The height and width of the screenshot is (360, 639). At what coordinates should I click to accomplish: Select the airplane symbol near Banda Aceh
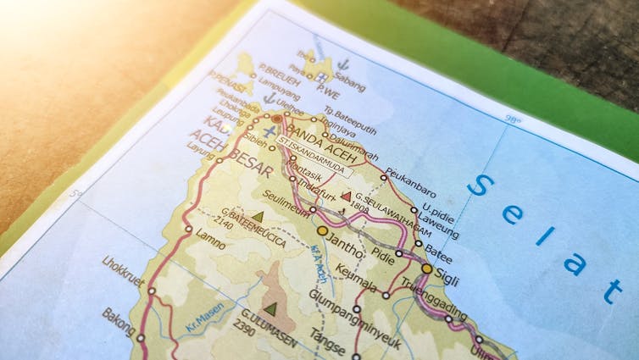click(x=269, y=133)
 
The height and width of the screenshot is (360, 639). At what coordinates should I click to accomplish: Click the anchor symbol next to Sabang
click(x=343, y=64)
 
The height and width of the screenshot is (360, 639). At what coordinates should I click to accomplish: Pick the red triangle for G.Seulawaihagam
click(x=346, y=196)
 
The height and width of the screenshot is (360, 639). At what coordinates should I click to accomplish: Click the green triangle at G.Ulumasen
click(x=269, y=309)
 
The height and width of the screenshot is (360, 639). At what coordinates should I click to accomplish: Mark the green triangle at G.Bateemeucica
click(x=258, y=217)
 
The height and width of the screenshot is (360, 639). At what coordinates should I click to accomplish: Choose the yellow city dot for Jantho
click(x=322, y=230)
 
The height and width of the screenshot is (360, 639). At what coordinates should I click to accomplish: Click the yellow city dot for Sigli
click(x=427, y=269)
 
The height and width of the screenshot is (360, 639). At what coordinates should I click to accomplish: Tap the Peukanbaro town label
click(x=410, y=180)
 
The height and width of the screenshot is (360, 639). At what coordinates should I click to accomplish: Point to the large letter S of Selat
click(x=480, y=185)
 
